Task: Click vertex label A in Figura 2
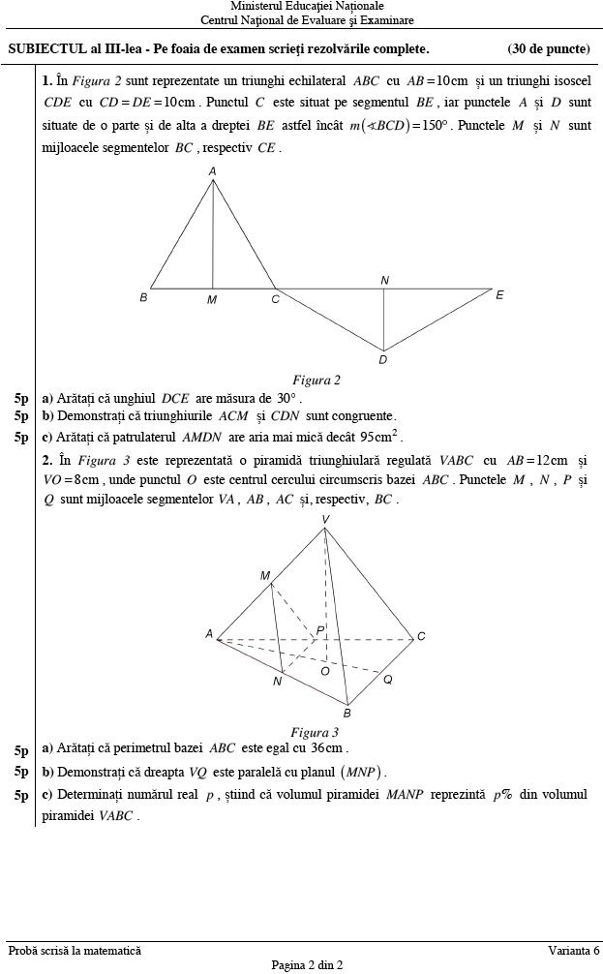click(x=213, y=171)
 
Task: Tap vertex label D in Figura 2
click(x=383, y=360)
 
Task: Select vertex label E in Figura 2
click(x=499, y=294)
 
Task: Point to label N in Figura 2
click(x=385, y=280)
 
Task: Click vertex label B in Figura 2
click(x=143, y=298)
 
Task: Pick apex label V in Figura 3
click(x=325, y=520)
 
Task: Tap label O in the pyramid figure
click(x=325, y=670)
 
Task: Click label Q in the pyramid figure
click(x=387, y=680)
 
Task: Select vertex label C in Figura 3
click(x=421, y=636)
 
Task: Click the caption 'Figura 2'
click(x=317, y=380)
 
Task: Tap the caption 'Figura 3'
click(x=315, y=732)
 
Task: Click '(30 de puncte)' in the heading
click(x=548, y=48)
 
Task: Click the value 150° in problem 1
click(x=431, y=126)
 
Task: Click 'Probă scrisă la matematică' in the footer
click(x=75, y=951)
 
